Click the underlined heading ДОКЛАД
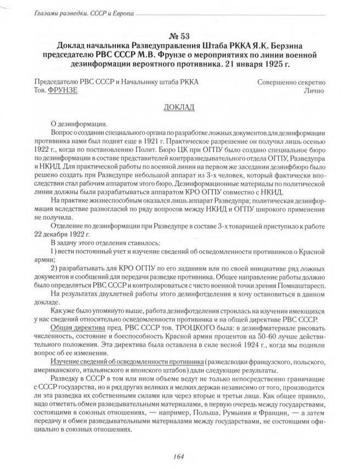tap(179, 106)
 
